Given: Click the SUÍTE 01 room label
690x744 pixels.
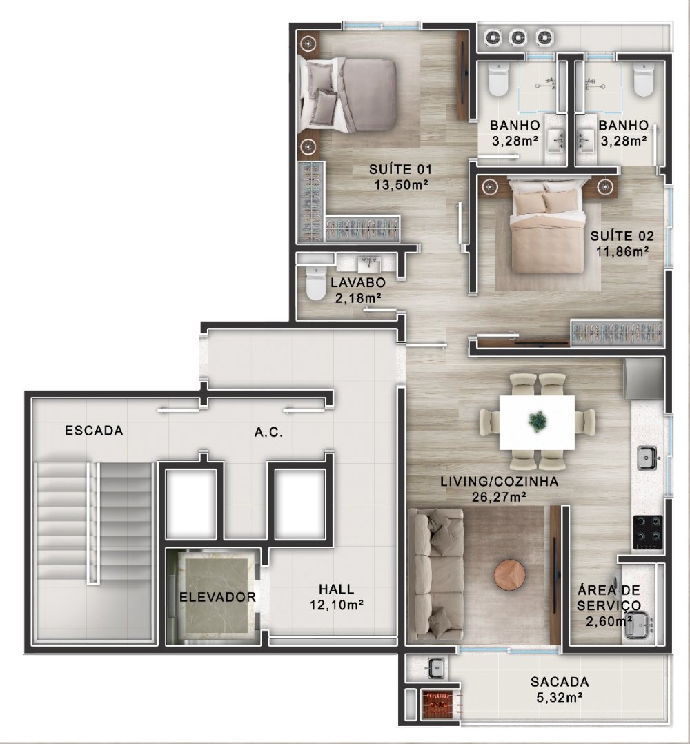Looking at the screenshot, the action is tap(401, 169).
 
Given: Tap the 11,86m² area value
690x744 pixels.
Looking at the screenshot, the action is tap(622, 251).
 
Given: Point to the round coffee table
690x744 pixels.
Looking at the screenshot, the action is tap(510, 575).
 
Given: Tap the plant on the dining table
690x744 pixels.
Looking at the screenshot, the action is tap(538, 421).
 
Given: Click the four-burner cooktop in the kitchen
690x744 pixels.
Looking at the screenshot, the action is tap(648, 532).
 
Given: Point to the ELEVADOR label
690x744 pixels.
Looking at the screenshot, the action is tap(217, 597).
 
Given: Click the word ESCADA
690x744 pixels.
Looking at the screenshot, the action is tap(94, 431).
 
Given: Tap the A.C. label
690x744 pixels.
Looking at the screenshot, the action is tap(269, 432).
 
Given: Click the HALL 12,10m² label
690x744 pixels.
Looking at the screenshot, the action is tap(337, 597).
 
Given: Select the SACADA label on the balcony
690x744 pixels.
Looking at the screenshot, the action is tap(560, 682).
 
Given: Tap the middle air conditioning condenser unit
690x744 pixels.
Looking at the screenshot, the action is tap(518, 37).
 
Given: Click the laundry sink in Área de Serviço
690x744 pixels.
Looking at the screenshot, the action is tap(638, 625).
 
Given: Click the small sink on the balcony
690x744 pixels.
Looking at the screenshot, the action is tap(435, 668).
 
